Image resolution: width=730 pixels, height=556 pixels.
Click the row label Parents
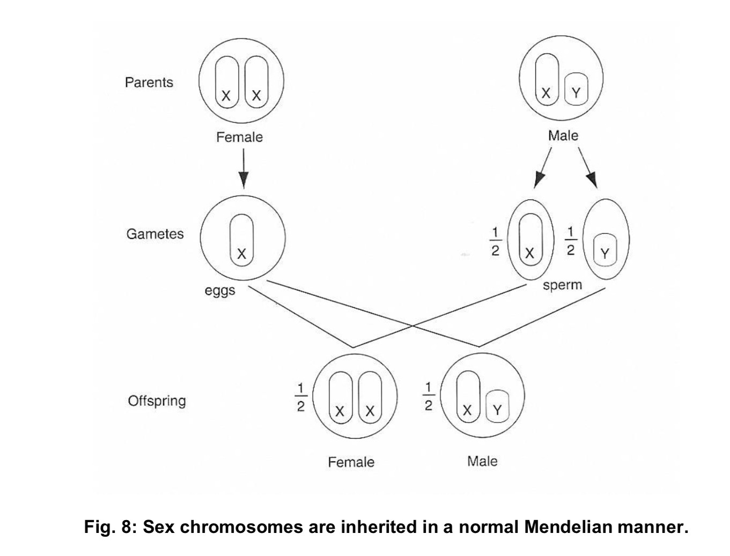pos(149,83)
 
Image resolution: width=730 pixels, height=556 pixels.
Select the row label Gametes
pos(154,234)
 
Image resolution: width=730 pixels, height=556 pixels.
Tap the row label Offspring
pos(157,401)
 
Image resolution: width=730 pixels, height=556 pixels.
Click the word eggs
pos(220,291)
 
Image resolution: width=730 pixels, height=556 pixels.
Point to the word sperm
pos(562,285)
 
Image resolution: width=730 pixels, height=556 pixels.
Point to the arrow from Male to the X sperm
pos(543,167)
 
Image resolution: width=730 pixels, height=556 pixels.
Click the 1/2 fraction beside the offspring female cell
pos(301,397)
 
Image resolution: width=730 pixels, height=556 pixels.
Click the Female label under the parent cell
pos(239,137)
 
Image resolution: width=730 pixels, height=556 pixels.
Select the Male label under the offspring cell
pos(482,461)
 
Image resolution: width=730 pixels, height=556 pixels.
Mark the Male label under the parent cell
pos(563,136)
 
